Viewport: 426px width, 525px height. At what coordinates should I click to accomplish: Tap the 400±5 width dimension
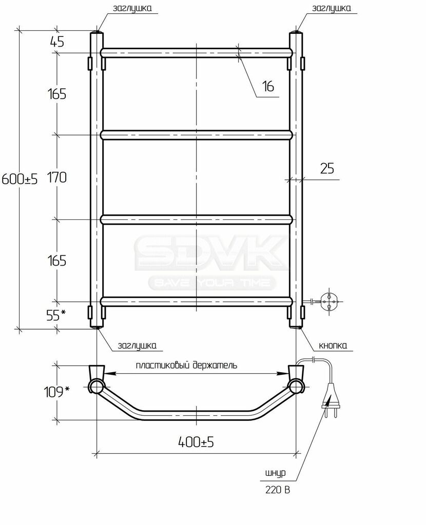point(196,442)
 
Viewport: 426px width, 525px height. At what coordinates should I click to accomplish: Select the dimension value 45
point(57,42)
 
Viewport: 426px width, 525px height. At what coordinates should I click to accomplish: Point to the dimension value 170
point(57,177)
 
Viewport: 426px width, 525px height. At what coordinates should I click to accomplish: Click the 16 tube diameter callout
point(268,86)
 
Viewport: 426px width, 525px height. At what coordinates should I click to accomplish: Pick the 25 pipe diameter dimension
point(327,168)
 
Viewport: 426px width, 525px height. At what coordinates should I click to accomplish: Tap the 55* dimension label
point(55,315)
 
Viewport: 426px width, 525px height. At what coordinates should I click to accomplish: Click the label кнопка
point(333,346)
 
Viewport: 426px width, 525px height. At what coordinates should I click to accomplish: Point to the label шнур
point(276,473)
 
